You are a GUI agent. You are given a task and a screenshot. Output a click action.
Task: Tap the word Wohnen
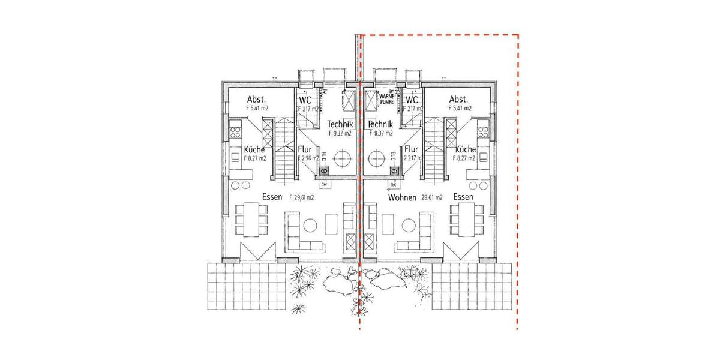402,197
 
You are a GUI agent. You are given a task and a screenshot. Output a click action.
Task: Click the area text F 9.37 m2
340,133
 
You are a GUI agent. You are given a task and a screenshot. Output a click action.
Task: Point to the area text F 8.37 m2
380,133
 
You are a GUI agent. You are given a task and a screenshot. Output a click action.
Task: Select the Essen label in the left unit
273,197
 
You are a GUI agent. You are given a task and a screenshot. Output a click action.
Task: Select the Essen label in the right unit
464,197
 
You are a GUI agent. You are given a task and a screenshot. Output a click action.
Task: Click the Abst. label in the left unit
256,100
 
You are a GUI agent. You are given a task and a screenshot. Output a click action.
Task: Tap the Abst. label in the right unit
459,100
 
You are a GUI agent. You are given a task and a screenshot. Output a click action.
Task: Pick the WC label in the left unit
305,100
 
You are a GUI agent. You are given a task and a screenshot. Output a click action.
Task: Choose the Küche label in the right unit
466,149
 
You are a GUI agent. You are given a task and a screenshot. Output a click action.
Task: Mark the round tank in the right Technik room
376,159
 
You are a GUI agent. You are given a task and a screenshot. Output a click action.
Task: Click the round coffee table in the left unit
310,226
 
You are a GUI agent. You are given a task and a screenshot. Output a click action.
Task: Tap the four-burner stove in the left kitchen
234,128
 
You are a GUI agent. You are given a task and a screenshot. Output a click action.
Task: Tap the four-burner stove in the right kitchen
482,128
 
